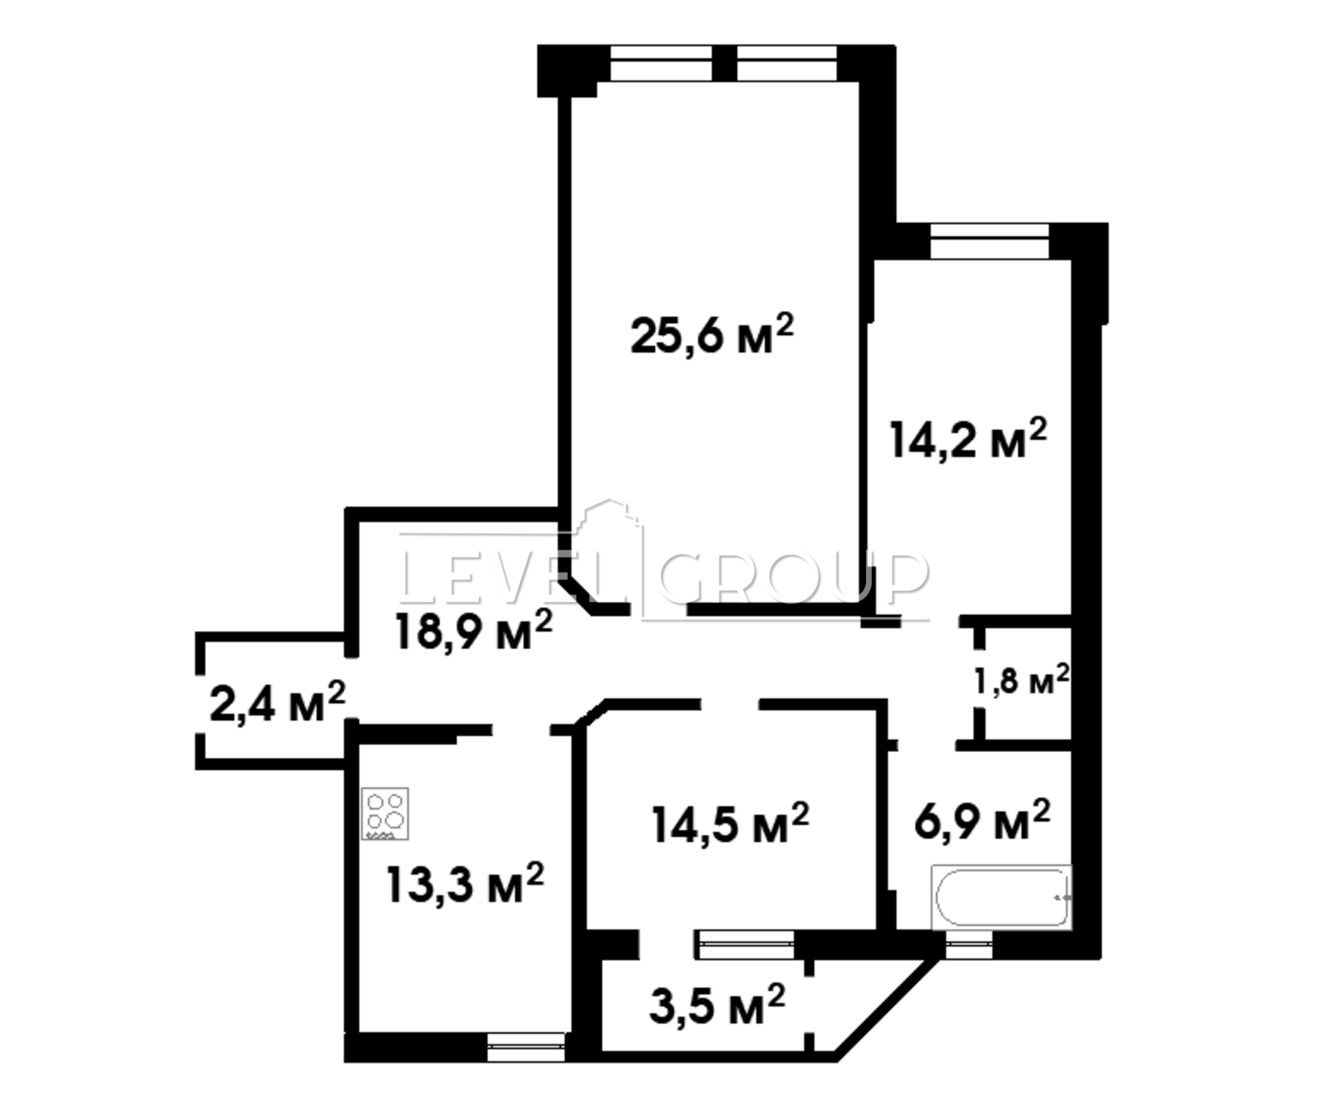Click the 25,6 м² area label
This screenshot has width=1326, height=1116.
pos(712,333)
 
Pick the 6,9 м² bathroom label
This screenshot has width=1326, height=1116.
pos(982,821)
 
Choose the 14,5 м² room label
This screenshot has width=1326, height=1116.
pos(730,823)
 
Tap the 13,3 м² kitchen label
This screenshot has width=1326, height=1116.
pos(465,884)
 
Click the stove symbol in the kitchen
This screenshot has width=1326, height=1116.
pos(385,813)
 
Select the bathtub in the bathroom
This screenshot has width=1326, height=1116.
pos(1001,897)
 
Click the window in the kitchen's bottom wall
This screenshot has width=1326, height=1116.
pos(525,1046)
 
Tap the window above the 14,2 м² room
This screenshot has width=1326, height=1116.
pos(990,241)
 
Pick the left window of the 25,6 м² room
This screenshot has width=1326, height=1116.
pos(661,63)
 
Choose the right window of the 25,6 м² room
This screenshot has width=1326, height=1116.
pos(787,63)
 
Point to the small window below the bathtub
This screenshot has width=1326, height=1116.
pos(969,944)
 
